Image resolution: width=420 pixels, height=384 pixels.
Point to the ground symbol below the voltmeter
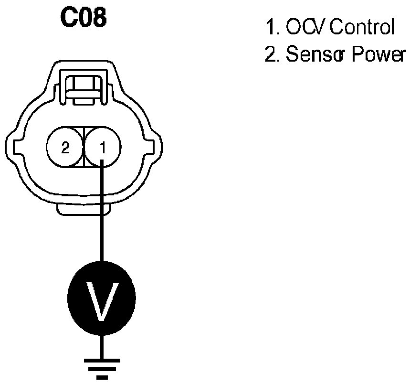click(101, 367)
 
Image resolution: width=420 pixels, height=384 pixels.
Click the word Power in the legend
click(378, 55)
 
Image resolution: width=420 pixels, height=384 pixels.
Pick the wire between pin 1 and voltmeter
click(101, 215)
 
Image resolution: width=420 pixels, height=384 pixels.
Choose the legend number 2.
click(271, 55)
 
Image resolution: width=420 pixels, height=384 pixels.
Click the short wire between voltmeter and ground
click(101, 346)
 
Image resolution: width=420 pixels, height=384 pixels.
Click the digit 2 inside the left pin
click(64, 148)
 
